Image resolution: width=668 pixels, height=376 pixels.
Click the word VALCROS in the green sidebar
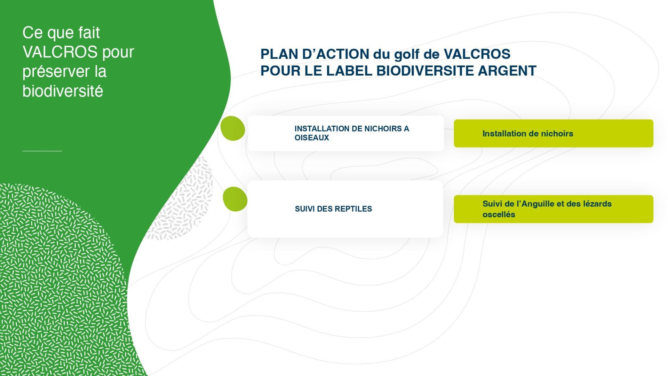tap(60, 52)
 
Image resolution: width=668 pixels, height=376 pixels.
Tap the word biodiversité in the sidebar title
tap(63, 91)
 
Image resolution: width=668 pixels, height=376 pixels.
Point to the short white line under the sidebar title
tap(42, 151)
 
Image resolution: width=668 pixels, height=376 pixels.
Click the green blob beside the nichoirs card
tap(233, 128)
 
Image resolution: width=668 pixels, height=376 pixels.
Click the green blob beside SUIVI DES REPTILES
tap(235, 199)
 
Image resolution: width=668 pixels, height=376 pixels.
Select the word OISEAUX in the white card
tap(312, 138)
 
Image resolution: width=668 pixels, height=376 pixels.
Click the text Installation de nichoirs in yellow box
tap(528, 133)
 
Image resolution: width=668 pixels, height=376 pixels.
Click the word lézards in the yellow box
tap(597, 204)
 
